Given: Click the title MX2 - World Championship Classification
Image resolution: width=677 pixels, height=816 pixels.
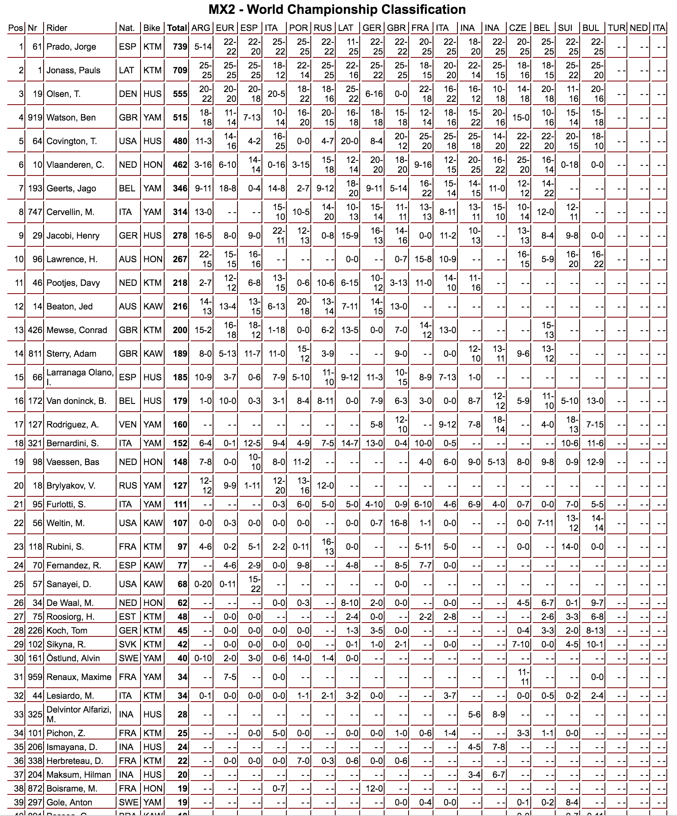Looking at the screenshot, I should click(337, 9).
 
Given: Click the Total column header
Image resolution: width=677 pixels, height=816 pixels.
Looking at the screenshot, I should click(177, 28).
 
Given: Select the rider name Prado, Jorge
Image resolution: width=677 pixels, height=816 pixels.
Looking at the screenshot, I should click(71, 46).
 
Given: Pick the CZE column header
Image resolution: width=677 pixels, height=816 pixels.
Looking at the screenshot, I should click(518, 28).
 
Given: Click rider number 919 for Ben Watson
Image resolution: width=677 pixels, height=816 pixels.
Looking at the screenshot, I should click(35, 117).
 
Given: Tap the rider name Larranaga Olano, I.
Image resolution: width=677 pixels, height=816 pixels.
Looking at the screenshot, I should click(80, 377).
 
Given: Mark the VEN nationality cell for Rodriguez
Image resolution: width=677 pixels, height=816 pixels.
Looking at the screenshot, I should click(127, 424).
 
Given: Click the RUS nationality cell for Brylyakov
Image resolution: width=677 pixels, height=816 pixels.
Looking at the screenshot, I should click(128, 485).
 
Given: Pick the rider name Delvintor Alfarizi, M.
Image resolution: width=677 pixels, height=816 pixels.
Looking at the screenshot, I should click(79, 714).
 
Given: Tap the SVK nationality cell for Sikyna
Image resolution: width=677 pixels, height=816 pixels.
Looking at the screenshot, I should click(127, 644).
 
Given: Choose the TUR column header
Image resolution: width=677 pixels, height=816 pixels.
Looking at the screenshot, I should click(616, 28).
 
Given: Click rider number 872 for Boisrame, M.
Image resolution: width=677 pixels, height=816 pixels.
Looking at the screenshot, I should click(35, 788).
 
